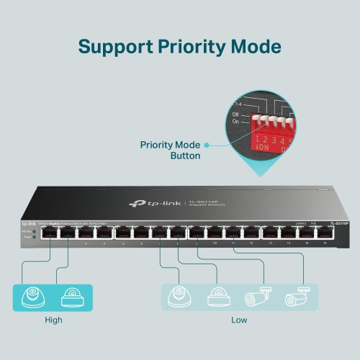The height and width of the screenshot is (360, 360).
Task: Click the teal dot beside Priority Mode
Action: tap(207, 145)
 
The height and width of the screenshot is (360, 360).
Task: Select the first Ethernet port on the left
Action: tap(50, 232)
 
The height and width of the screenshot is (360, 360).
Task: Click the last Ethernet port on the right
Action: tap(328, 233)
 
